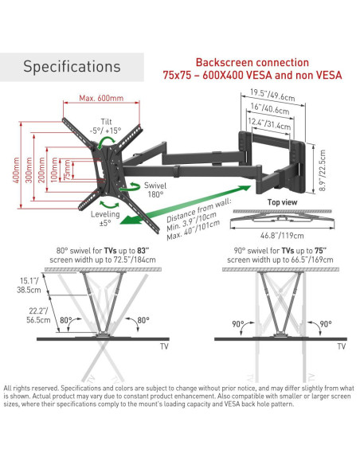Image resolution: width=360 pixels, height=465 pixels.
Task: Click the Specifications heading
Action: coord(72,66)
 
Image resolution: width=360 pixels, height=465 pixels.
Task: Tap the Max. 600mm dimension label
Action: coord(101,98)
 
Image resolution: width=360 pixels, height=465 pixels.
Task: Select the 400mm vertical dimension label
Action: coord(16,170)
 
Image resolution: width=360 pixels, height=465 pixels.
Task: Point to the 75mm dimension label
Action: coord(68,170)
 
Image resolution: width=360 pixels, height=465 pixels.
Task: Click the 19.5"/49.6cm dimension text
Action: coord(272,95)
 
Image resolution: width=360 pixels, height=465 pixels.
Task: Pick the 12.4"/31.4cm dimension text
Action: coord(269,123)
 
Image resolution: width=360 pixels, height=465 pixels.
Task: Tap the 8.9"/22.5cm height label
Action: coord(323,170)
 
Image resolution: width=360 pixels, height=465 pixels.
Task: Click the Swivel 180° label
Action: coord(155,190)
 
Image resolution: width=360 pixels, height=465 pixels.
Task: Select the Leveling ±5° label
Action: coord(105,218)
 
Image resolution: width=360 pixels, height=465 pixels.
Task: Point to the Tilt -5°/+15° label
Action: coord(106,126)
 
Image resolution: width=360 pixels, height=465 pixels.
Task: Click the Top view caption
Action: coord(282,202)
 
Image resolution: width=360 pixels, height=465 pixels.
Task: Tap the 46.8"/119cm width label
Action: coord(282,236)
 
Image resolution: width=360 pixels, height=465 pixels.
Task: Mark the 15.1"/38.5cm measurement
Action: coord(29,285)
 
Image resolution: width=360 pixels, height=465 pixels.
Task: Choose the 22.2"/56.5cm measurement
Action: coord(38,315)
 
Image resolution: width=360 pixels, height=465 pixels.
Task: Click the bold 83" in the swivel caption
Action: coord(143,251)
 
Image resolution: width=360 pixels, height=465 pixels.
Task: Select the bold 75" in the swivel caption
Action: coord(320,251)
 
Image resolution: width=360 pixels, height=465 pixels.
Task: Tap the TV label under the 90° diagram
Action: coord(342,346)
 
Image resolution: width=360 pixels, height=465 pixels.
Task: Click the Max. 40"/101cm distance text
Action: coord(194,230)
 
